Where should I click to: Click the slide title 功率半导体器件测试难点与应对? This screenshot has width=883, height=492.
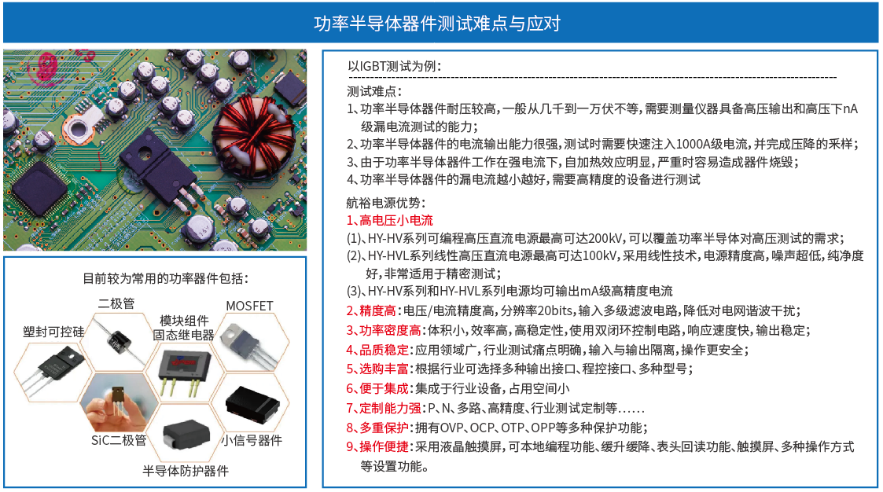(437, 23)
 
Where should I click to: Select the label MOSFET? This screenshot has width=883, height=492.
(249, 306)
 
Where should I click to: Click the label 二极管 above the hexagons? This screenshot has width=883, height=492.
(116, 304)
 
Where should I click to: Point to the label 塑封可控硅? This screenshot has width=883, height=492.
(53, 332)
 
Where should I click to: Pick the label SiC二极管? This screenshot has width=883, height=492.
(119, 440)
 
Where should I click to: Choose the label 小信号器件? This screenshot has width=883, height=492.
(251, 440)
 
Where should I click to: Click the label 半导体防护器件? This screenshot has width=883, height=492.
(186, 471)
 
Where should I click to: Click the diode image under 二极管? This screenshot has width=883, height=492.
(118, 341)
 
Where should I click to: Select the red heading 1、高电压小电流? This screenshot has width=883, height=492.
(390, 221)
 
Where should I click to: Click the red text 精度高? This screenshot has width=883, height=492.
(377, 310)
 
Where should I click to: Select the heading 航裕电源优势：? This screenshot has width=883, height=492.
(386, 203)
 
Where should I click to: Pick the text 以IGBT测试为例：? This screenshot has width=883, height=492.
(394, 66)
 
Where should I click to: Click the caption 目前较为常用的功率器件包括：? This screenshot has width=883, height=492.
(166, 278)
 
